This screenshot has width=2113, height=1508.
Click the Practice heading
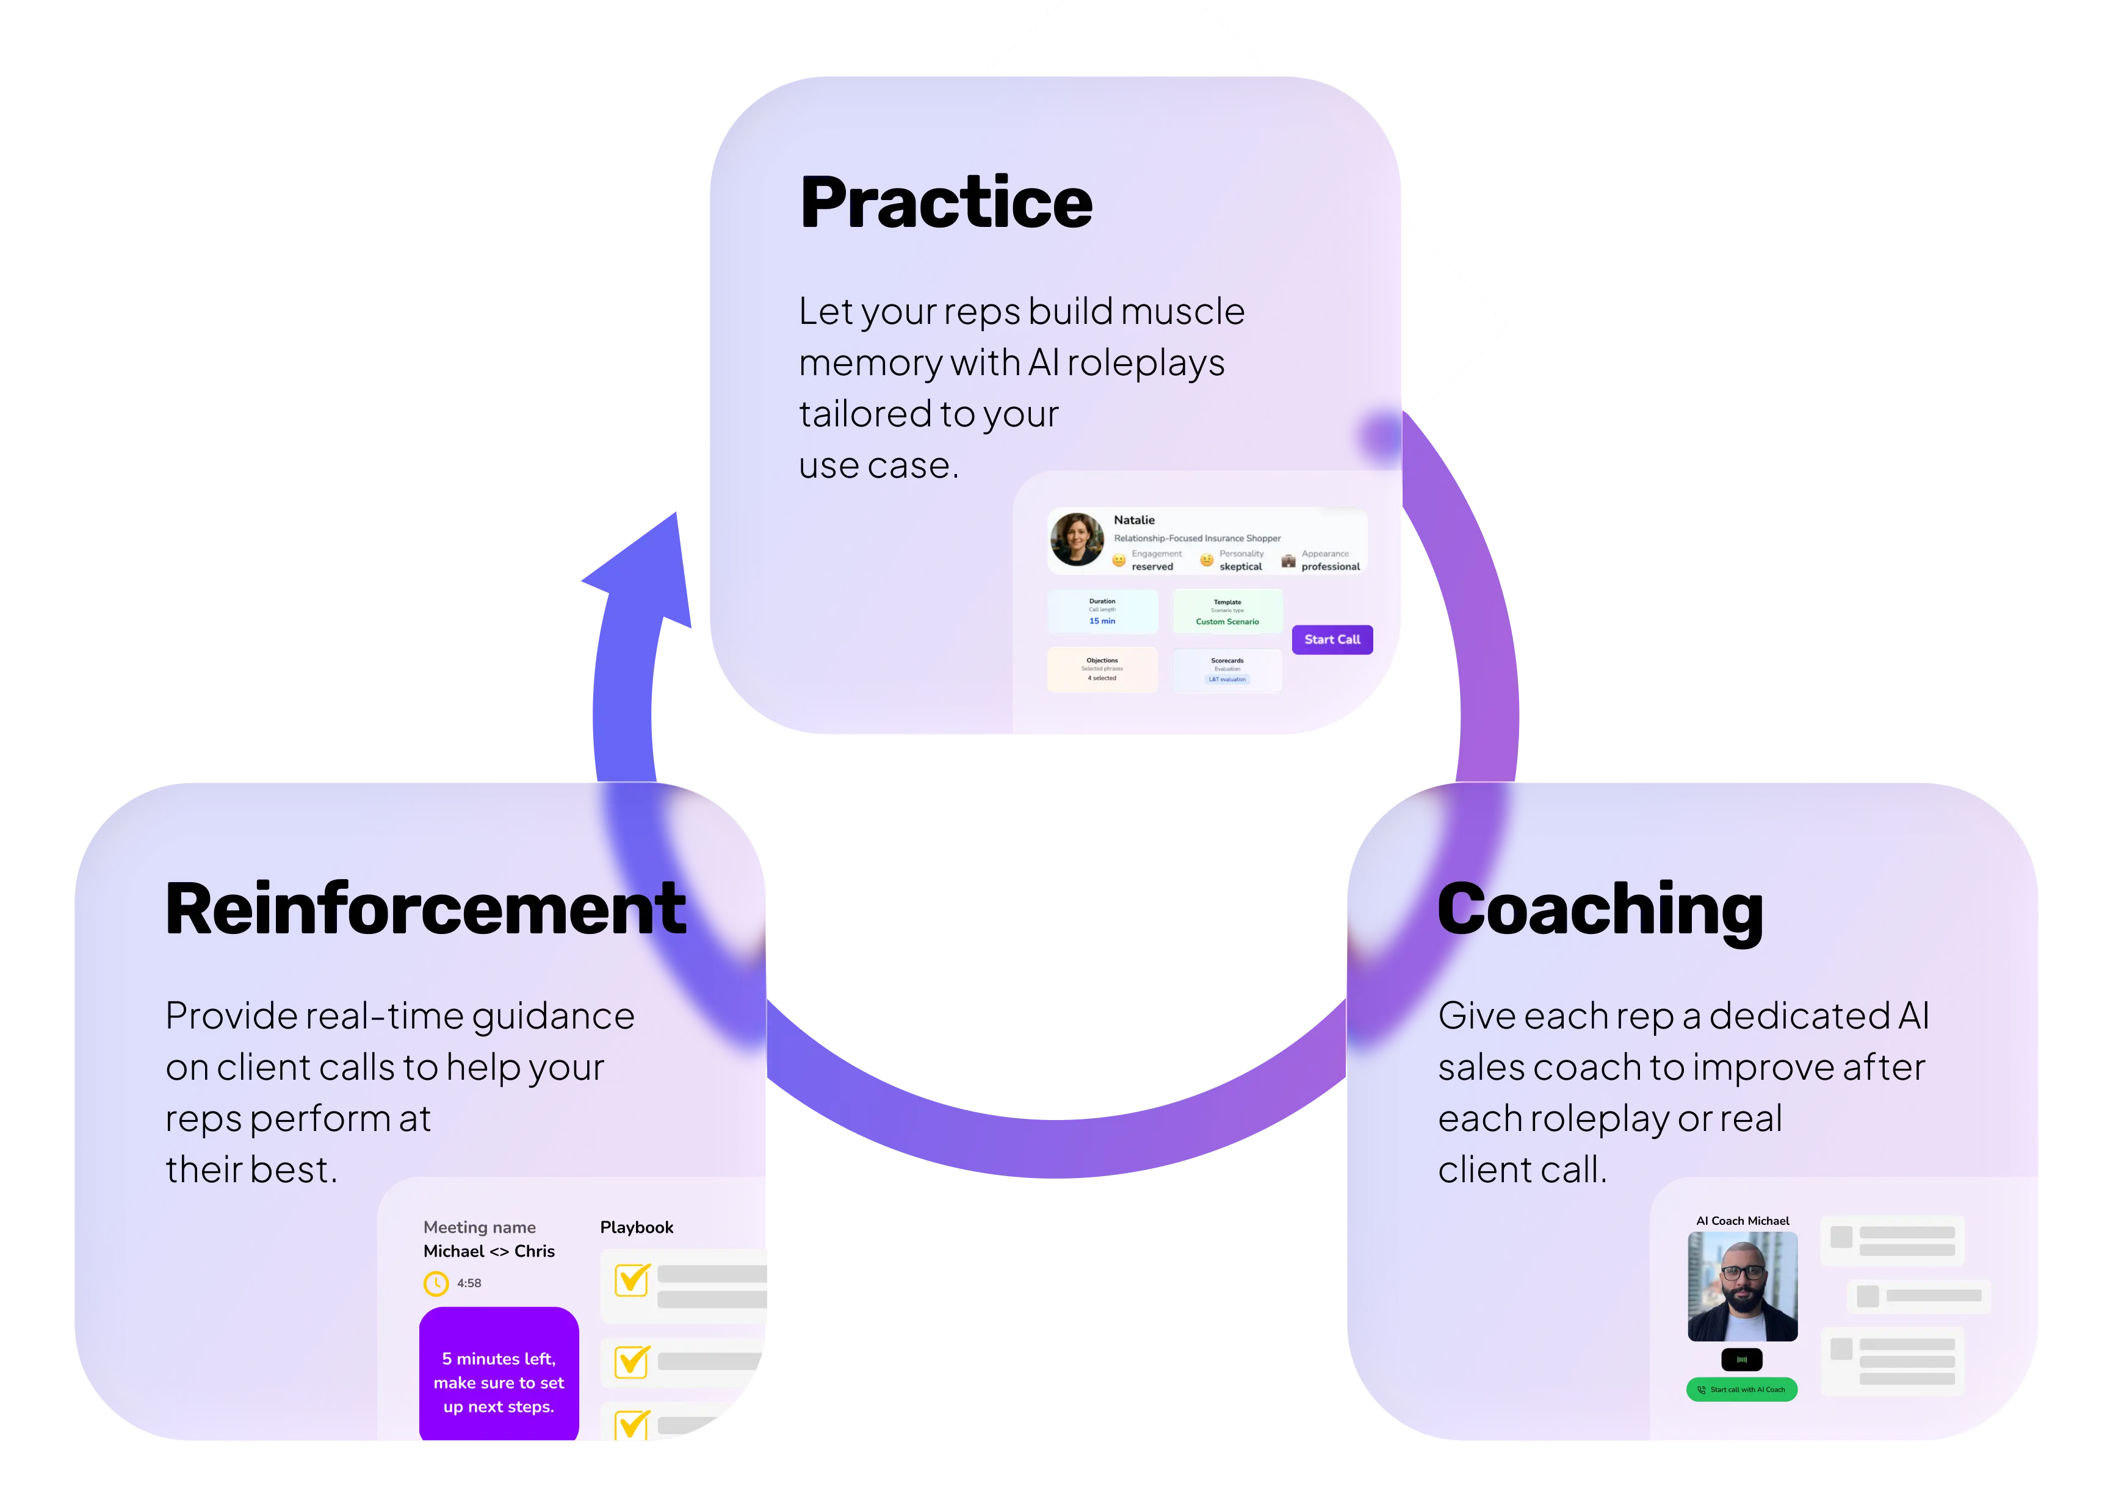tap(945, 203)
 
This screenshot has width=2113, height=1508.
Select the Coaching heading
tap(1599, 910)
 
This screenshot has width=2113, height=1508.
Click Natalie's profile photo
tap(1077, 539)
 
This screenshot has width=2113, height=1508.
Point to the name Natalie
tap(1134, 520)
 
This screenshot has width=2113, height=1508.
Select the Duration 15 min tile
tap(1102, 612)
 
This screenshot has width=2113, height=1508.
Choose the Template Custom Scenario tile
tap(1227, 612)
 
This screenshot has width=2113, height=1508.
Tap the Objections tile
tap(1102, 669)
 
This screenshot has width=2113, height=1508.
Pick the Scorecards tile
tap(1227, 669)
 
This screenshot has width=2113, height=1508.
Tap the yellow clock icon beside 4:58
tap(436, 1284)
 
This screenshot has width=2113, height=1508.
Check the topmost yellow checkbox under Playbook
tap(632, 1280)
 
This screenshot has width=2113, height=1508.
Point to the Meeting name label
tap(479, 1227)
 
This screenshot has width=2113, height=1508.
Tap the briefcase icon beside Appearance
tap(1288, 561)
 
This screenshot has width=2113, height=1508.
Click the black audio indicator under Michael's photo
tap(1741, 1359)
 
